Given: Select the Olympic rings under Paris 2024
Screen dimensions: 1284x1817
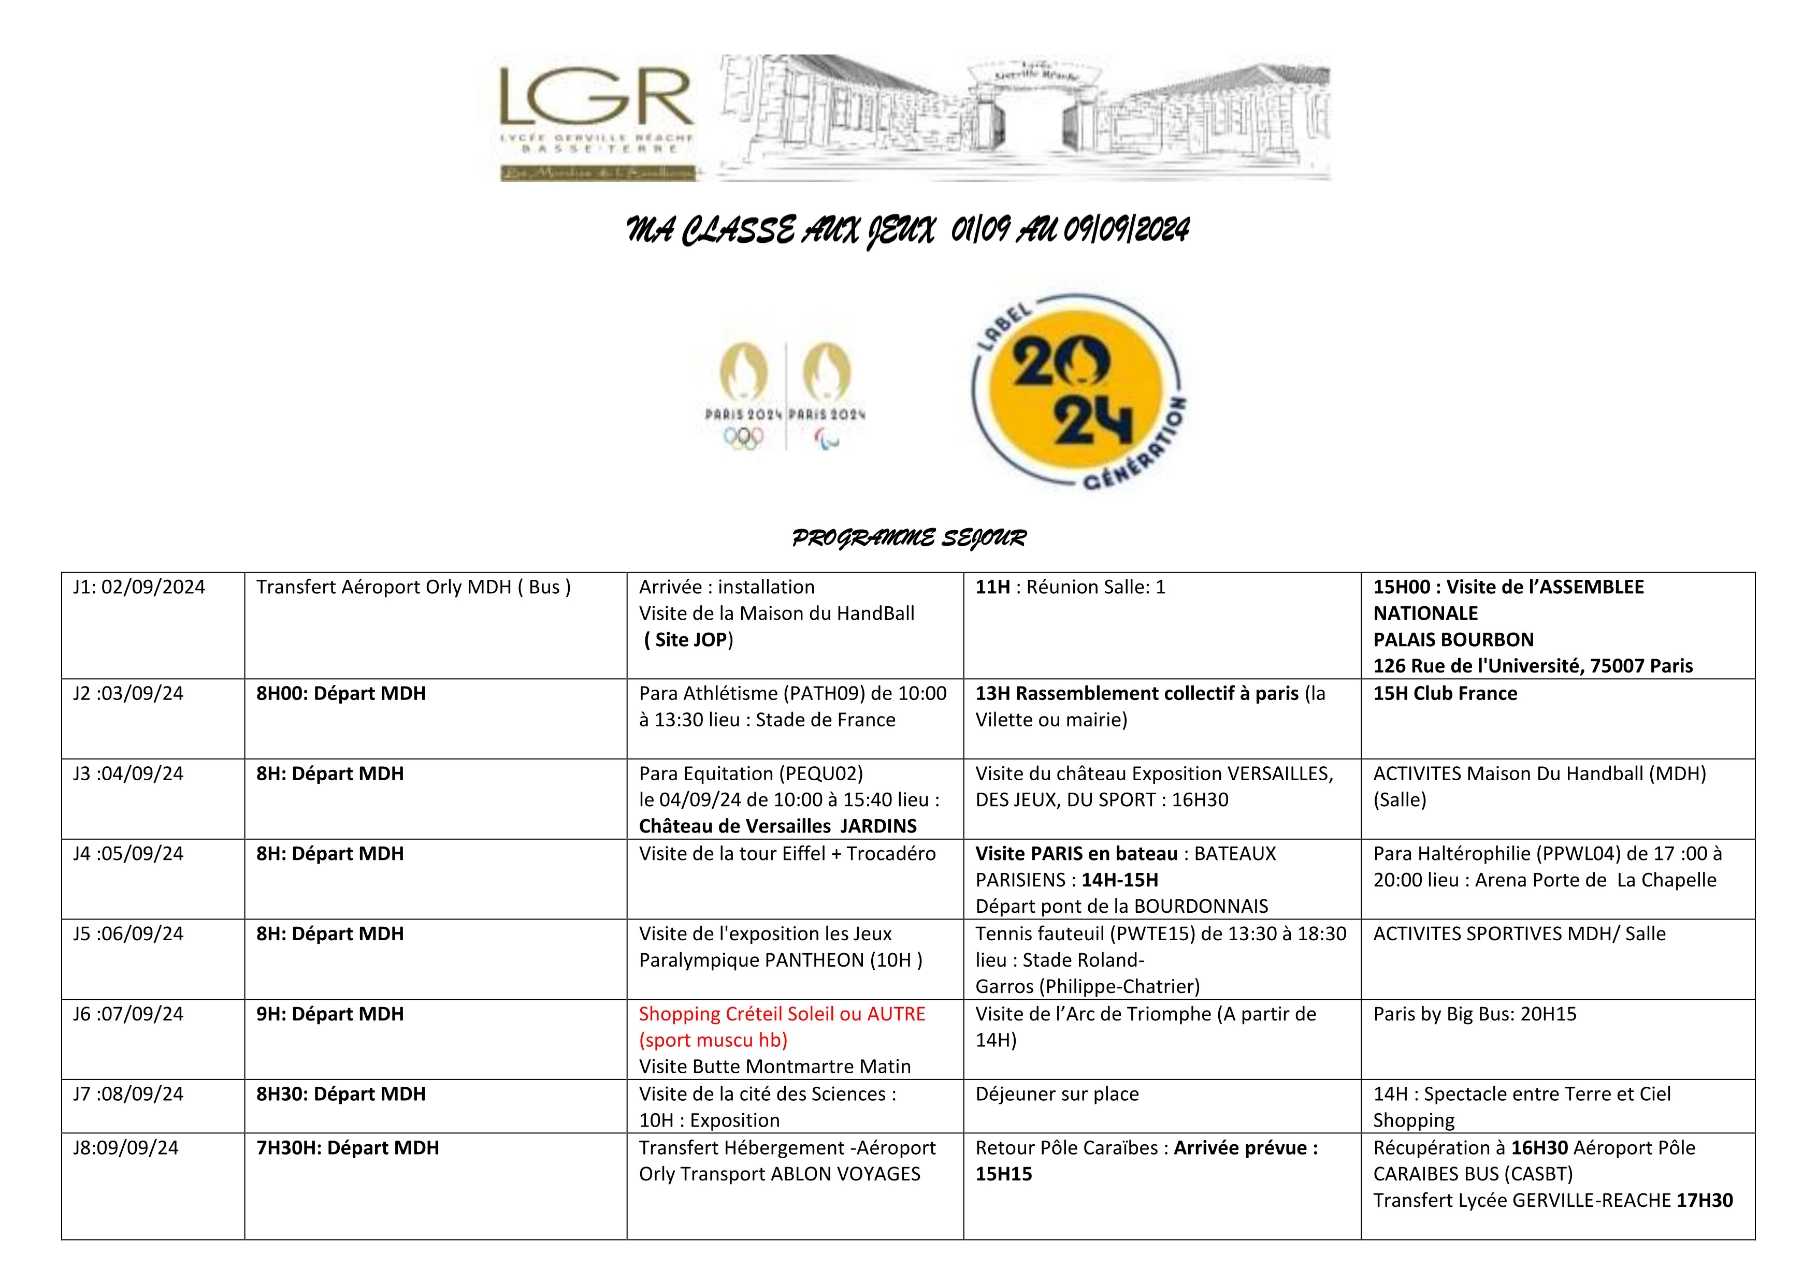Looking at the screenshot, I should click(x=743, y=437).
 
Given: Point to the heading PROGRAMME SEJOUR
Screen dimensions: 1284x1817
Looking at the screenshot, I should click(x=908, y=538).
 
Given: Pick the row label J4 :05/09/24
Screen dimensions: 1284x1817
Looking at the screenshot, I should click(x=128, y=854).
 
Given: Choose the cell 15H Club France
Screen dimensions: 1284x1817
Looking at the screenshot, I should click(x=1445, y=694).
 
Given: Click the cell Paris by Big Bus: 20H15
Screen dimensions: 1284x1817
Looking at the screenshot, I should click(x=1474, y=1014).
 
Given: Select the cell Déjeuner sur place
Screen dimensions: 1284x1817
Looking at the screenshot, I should click(x=1057, y=1094).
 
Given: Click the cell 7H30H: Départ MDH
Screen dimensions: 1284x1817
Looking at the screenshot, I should click(x=348, y=1148).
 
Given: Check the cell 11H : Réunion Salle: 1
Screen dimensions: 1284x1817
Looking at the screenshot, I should click(x=1070, y=587).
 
